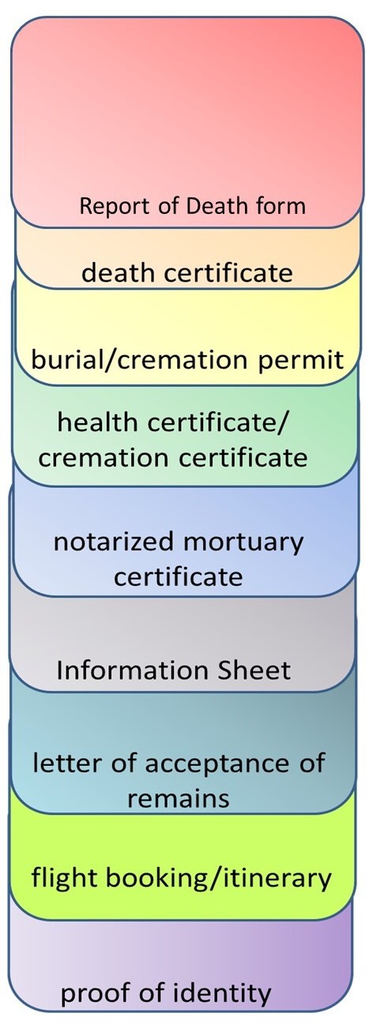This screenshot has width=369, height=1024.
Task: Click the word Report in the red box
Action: tap(115, 207)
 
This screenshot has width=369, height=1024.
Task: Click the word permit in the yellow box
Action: tap(301, 361)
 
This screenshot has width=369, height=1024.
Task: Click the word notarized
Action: tap(114, 542)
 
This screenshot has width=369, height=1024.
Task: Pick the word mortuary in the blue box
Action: tap(243, 543)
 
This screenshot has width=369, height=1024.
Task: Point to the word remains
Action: tap(179, 799)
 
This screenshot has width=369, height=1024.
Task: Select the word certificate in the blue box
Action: tap(179, 577)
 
